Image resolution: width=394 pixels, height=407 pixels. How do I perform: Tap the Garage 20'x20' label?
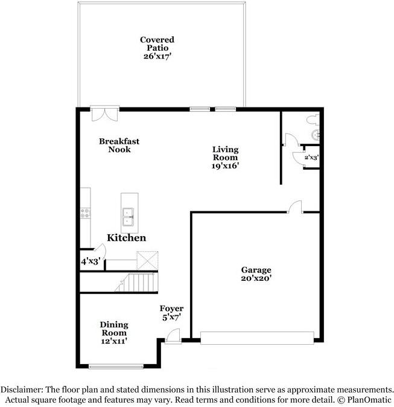tap(256, 274)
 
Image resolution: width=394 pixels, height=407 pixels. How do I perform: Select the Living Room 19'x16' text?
tap(225, 158)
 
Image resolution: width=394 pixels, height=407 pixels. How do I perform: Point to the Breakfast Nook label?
tap(119, 146)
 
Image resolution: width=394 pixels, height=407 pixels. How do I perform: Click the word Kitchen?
tap(126, 238)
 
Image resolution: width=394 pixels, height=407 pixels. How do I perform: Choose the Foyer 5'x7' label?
tap(171, 313)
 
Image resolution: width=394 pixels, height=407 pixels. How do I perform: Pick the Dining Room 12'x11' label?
tap(113, 333)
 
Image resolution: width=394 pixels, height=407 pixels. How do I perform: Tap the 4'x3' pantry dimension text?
tap(90, 261)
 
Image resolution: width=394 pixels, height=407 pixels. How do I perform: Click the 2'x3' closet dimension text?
tap(311, 158)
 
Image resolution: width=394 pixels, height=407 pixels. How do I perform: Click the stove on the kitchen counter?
tap(85, 213)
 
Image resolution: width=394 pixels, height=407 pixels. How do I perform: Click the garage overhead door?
tap(258, 338)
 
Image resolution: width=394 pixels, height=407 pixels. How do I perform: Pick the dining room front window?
tap(116, 365)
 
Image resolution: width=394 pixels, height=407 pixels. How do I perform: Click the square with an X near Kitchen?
tap(147, 260)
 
